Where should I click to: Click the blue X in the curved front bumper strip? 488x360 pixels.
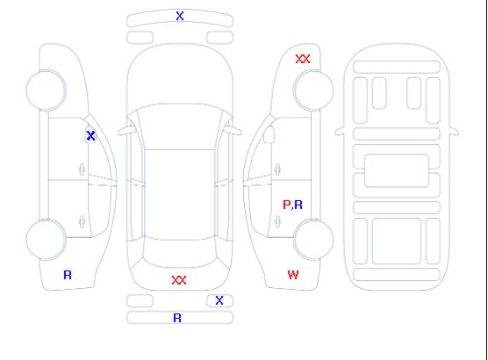180,16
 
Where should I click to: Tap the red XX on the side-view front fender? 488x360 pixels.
303,59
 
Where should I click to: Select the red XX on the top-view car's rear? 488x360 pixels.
179,280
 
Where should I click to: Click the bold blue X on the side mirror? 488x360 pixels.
90,135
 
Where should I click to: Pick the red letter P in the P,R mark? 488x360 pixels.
286,205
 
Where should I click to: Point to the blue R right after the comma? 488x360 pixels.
298,205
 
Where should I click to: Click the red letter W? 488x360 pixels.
293,275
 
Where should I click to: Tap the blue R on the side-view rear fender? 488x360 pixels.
68,275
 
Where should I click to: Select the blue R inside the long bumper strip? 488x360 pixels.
177,318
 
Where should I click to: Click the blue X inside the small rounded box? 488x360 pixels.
219,300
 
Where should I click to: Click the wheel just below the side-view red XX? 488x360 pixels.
313,90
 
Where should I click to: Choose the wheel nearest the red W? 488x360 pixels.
313,239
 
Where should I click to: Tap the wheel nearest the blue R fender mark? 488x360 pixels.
46,239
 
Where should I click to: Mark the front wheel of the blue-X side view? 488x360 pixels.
46,90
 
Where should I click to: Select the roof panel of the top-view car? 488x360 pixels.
180,195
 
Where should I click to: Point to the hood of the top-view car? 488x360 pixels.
180,75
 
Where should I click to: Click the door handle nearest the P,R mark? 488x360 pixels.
277,221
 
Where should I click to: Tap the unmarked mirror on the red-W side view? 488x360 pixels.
269,134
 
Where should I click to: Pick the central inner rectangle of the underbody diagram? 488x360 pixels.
397,170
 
